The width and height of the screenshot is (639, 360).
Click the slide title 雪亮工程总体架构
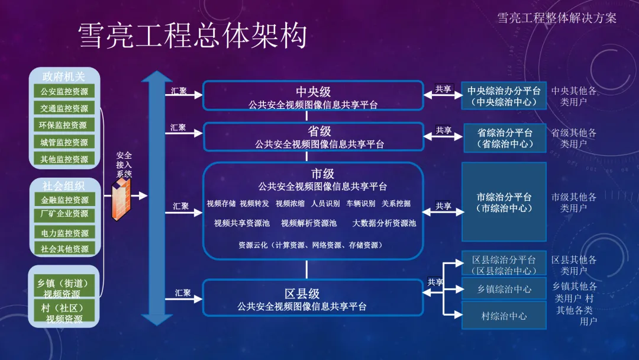coord(193,37)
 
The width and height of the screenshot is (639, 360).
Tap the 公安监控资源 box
coord(64,92)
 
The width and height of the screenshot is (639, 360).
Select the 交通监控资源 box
coord(64,108)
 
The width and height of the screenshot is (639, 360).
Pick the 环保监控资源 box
coord(64,126)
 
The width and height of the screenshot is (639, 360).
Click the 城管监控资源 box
coord(64,142)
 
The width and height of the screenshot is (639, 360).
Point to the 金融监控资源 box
coord(64,200)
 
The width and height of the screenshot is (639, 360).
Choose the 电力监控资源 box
coord(64,233)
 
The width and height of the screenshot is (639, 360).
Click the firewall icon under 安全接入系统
coord(123,199)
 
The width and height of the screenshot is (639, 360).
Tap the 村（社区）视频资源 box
coord(64,313)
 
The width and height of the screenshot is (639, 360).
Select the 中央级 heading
coord(313,92)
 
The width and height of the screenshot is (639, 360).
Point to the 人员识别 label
coord(325,204)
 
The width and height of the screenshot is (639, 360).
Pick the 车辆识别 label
coord(361,204)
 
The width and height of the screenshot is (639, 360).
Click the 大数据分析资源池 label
coord(384,223)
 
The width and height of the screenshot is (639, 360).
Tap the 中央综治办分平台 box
coord(504,96)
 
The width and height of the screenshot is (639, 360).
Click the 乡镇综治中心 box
coord(504,289)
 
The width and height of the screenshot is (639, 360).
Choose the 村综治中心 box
coord(504,316)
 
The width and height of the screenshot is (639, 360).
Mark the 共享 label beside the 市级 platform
coord(444,206)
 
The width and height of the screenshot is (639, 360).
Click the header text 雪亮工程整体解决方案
coord(556,18)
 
